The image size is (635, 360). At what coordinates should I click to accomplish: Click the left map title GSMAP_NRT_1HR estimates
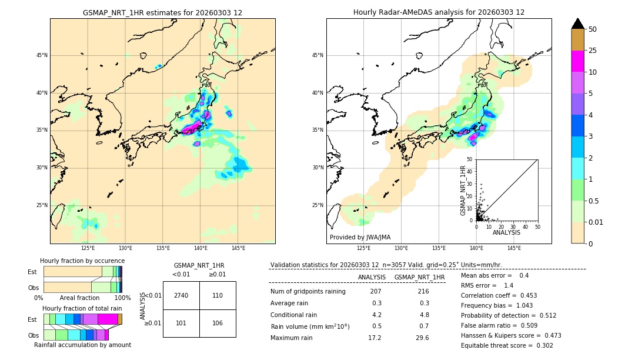(162, 12)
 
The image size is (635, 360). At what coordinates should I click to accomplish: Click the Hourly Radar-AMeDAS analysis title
(439, 12)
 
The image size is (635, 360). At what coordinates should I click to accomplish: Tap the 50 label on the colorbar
(593, 29)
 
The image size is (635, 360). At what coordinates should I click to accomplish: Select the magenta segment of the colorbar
(578, 61)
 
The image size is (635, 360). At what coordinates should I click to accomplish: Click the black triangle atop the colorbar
(578, 24)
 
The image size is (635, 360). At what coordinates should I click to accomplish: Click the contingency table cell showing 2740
(181, 295)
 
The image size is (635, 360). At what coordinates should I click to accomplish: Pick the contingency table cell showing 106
(218, 323)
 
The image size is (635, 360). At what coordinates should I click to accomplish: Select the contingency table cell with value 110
(218, 295)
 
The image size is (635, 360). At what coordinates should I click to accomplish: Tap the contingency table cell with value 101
(181, 323)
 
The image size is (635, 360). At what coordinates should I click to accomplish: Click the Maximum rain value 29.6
(422, 338)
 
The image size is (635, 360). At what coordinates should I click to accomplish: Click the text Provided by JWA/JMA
(360, 238)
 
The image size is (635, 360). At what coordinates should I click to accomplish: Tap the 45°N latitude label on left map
(42, 55)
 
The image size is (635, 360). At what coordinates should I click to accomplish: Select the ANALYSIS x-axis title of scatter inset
(506, 232)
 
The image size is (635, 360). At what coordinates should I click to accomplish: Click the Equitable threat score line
(507, 345)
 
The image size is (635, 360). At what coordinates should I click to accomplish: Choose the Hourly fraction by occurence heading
(82, 261)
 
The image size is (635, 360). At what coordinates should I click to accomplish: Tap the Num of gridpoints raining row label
(308, 292)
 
